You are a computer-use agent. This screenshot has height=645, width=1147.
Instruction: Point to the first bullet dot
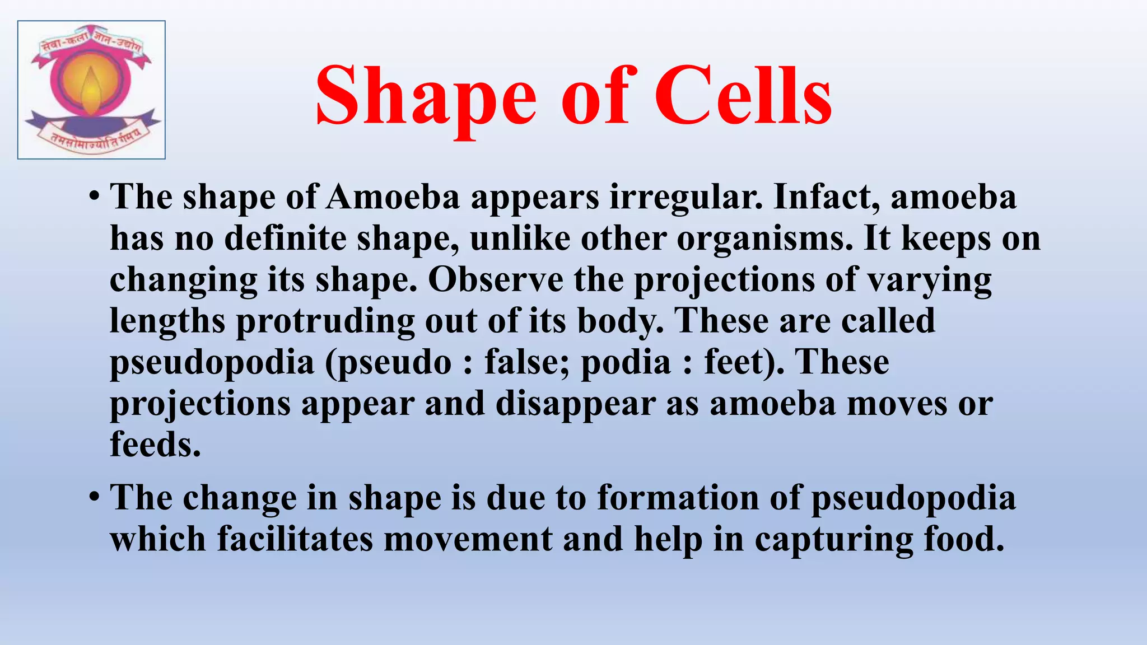(94, 197)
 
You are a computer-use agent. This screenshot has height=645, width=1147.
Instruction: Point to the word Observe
(496, 279)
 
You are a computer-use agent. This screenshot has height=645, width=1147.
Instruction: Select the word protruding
(325, 321)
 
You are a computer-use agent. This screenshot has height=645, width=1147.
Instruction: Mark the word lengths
(167, 321)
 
